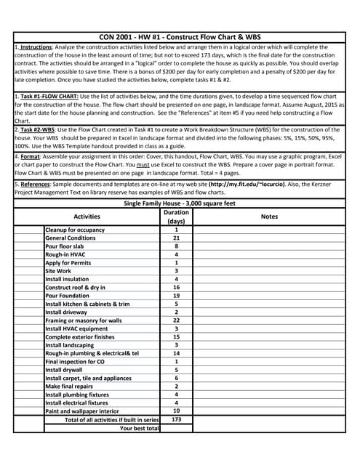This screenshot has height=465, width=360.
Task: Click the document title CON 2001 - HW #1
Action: click(x=180, y=36)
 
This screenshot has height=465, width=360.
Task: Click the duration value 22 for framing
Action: click(x=176, y=320)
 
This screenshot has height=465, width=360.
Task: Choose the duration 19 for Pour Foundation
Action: click(x=176, y=296)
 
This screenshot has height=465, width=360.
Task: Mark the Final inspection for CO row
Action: click(x=76, y=361)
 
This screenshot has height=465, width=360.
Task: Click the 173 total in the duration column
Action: click(x=176, y=420)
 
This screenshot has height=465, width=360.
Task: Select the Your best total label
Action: click(x=139, y=429)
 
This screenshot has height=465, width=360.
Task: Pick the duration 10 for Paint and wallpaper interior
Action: click(x=176, y=411)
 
